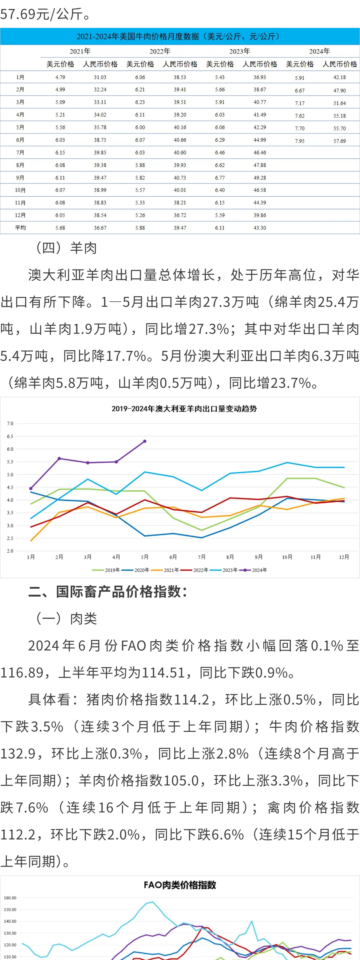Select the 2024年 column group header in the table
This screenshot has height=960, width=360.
pyautogui.click(x=319, y=51)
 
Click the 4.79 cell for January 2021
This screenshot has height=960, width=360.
pyautogui.click(x=60, y=77)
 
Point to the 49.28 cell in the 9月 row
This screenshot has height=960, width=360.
pyautogui.click(x=259, y=178)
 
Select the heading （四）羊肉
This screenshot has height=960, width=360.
pyautogui.click(x=66, y=248)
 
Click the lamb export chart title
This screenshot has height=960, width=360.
pyautogui.click(x=184, y=408)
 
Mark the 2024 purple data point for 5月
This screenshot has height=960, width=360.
pyautogui.click(x=145, y=441)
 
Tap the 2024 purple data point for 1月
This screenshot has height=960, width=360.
pyautogui.click(x=31, y=488)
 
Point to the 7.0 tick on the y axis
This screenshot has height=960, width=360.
pyautogui.click(x=10, y=423)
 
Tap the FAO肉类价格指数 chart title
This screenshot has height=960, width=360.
pyautogui.click(x=180, y=885)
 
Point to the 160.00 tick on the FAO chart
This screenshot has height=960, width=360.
pyautogui.click(x=10, y=898)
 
